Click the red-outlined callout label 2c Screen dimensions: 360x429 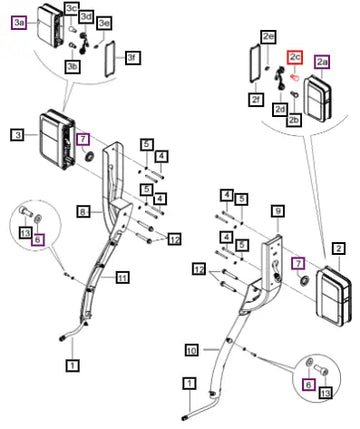[295, 57]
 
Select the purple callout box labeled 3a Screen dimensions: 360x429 [19, 23]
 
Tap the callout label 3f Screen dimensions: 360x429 [133, 58]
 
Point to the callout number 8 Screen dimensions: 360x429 [82, 212]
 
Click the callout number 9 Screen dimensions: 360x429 [278, 211]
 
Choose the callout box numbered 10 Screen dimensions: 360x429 [192, 350]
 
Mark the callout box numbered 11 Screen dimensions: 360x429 [123, 277]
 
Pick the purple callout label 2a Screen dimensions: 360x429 [322, 62]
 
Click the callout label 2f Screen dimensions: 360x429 [256, 99]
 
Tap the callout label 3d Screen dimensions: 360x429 [86, 16]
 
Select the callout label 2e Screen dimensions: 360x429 [269, 37]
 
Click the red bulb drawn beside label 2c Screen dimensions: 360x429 [294, 77]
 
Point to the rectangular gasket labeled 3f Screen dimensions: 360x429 [110, 59]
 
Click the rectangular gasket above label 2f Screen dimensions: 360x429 [255, 64]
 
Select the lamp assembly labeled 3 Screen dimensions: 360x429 [57, 140]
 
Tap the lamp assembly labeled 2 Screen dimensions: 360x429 [333, 296]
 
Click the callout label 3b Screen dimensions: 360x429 [73, 67]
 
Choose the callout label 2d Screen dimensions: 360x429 [280, 109]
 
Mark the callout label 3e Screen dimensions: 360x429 [104, 23]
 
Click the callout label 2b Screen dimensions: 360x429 [294, 120]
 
